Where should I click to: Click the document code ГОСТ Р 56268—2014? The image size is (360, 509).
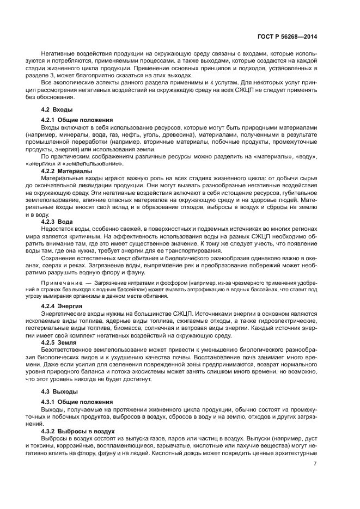tap(288, 36)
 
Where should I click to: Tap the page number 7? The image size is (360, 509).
tap(315, 464)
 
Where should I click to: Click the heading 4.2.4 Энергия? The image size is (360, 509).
tap(62, 306)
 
